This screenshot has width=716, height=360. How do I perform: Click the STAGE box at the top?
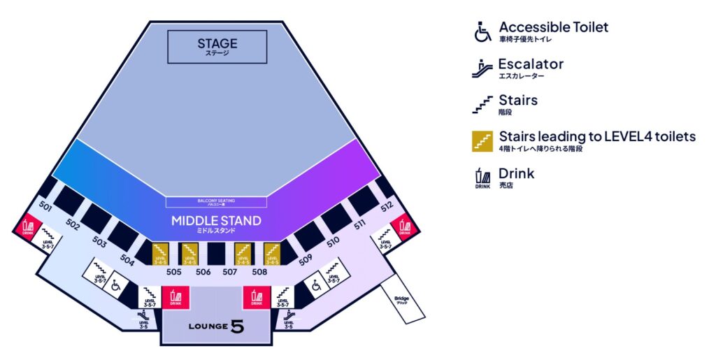click(217, 47)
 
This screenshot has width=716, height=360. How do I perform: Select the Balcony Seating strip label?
click(215, 202)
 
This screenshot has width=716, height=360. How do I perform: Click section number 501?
click(45, 207)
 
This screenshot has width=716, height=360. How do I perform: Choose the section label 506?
click(203, 272)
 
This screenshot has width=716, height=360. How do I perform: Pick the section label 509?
click(305, 259)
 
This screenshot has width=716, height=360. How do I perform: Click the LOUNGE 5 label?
click(216, 326)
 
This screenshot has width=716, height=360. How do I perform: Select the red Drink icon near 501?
click(28, 226)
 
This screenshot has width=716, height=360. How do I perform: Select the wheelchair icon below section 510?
click(316, 285)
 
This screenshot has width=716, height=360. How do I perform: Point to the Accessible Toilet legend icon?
click(482, 32)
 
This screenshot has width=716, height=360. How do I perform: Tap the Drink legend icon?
click(482, 178)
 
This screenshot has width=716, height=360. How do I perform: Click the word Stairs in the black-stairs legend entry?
click(517, 101)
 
